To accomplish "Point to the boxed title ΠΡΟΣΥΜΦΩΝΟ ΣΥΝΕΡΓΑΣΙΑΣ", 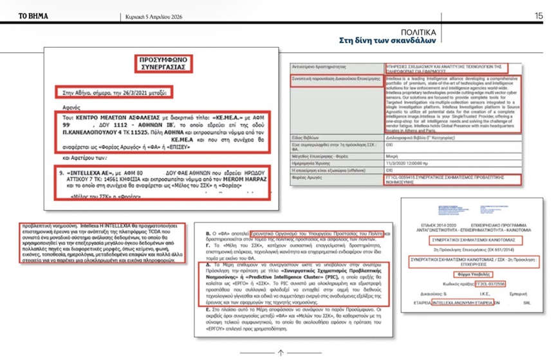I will click(x=163, y=63).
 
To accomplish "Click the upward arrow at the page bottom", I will click(x=281, y=352).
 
